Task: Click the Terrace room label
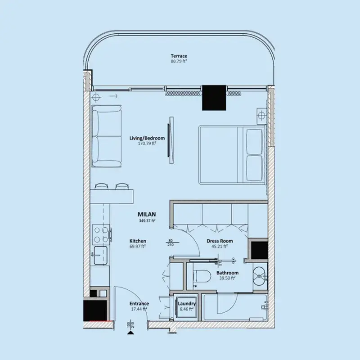pyautogui.click(x=179, y=56)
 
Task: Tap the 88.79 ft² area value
pyautogui.click(x=179, y=61)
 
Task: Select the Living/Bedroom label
pyautogui.click(x=147, y=138)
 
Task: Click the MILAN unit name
pyautogui.click(x=147, y=215)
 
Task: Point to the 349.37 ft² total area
pyautogui.click(x=147, y=221)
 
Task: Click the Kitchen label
pyautogui.click(x=138, y=241)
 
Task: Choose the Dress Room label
pyautogui.click(x=220, y=241)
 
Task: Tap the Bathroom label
pyautogui.click(x=227, y=273)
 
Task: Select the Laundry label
pyautogui.click(x=187, y=304)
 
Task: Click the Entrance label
pyautogui.click(x=139, y=303)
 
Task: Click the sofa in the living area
pyautogui.click(x=106, y=136)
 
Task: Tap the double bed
pyautogui.click(x=233, y=154)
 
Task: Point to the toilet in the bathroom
pyautogui.click(x=202, y=276)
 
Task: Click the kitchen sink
pyautogui.click(x=100, y=255)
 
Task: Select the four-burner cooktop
pyautogui.click(x=100, y=234)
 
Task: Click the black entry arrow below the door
pyautogui.click(x=130, y=333)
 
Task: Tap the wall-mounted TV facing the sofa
pyautogui.click(x=171, y=140)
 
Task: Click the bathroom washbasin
pyautogui.click(x=260, y=276)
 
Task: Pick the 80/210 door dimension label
pyautogui.click(x=171, y=243)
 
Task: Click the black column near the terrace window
pyautogui.click(x=214, y=98)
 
